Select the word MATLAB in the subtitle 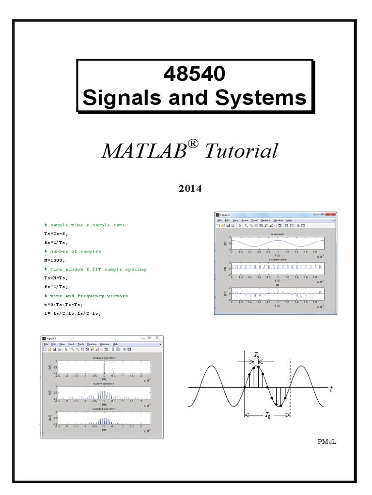click(143, 151)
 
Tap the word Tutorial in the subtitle click(242, 151)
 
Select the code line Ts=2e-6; click(57, 233)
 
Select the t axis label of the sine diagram click(331, 388)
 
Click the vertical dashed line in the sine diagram click(290, 387)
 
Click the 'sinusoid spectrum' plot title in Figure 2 click(104, 358)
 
